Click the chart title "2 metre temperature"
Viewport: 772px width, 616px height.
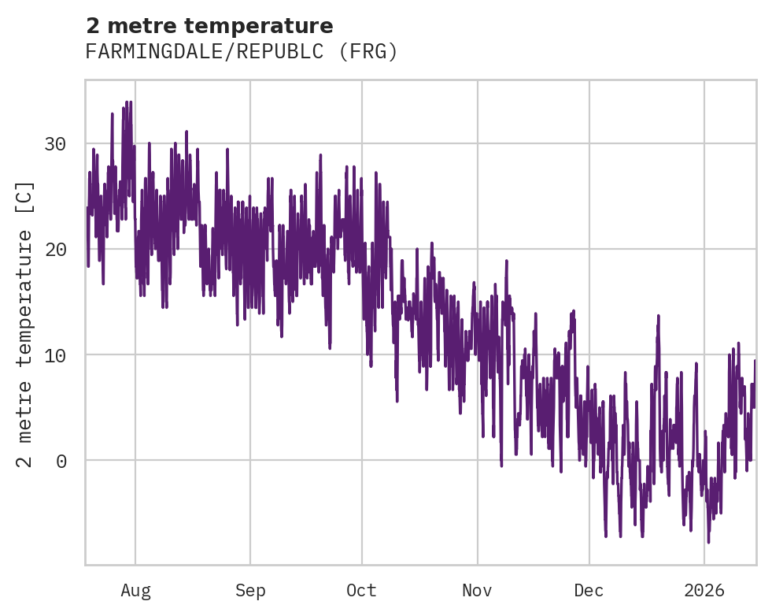[x=209, y=26]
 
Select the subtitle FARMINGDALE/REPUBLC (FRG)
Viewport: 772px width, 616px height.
[x=242, y=52]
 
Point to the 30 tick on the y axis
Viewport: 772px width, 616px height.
[x=55, y=144]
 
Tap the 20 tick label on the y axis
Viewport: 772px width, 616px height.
[x=55, y=250]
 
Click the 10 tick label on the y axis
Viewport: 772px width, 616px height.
[x=55, y=355]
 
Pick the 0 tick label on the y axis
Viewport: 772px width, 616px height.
[x=61, y=461]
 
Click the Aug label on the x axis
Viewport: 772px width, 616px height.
[x=135, y=590]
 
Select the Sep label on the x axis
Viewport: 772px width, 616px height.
[x=250, y=590]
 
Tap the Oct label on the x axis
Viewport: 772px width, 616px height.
[x=362, y=590]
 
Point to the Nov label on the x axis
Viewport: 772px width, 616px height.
[x=477, y=590]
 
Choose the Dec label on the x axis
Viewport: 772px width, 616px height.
[x=589, y=590]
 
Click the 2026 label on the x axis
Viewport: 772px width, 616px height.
[x=704, y=590]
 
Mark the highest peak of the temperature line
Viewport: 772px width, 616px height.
[x=130, y=102]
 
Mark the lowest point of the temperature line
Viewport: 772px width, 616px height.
[x=708, y=542]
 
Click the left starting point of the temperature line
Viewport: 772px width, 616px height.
[x=87, y=208]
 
